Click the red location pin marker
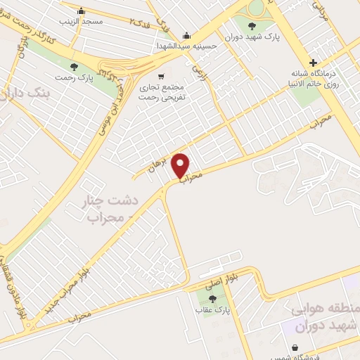click(x=181, y=165)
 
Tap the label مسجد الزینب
click(x=83, y=22)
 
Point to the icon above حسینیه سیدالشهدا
click(x=186, y=35)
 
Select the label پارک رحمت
click(x=74, y=78)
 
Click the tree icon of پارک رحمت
click(x=74, y=67)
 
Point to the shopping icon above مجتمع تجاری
click(x=162, y=77)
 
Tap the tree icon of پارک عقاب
click(x=213, y=300)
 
